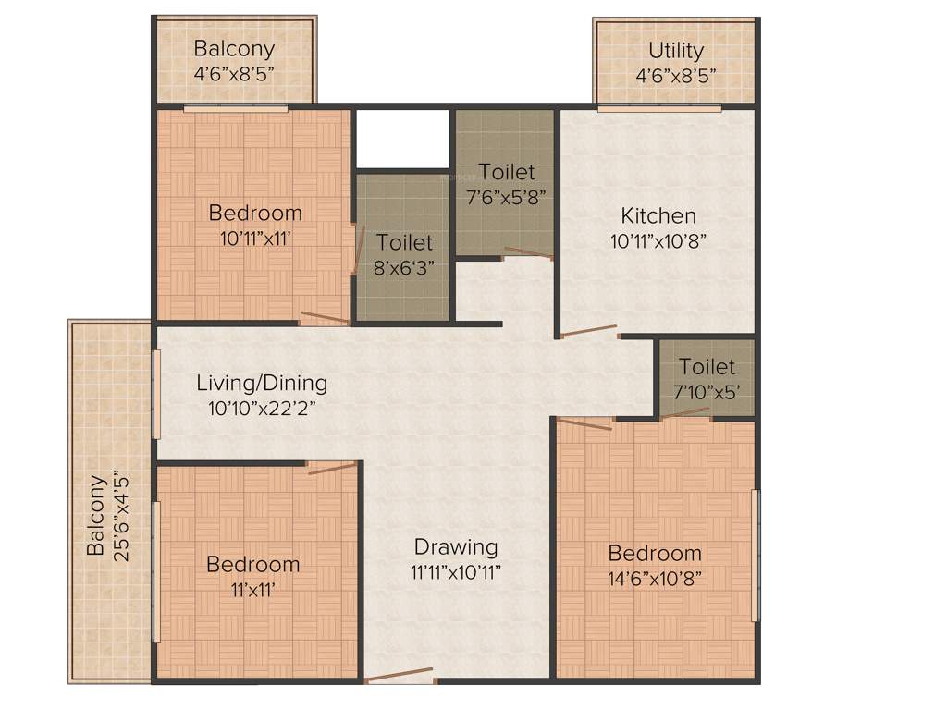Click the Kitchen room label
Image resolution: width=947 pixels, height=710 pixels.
click(658, 216)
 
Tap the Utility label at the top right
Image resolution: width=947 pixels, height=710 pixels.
click(675, 50)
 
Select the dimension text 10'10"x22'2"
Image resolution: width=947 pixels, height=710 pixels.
click(262, 406)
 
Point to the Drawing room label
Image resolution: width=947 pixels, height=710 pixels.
click(455, 546)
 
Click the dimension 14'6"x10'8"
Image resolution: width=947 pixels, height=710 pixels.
click(654, 578)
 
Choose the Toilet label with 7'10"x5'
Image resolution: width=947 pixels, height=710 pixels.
click(707, 367)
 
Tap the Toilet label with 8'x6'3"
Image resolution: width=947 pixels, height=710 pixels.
click(405, 243)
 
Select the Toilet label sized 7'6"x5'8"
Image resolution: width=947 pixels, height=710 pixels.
click(506, 172)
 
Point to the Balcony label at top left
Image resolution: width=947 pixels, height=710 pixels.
click(234, 49)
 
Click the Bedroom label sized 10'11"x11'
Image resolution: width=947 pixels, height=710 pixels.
click(255, 213)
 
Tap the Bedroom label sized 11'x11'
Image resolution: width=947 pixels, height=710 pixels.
click(252, 564)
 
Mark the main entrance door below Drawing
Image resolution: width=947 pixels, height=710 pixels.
click(400, 676)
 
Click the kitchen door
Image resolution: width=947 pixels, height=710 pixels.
click(589, 331)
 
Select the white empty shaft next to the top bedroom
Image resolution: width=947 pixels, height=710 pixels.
click(402, 139)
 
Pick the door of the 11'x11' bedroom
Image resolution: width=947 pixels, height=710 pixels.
click(332, 467)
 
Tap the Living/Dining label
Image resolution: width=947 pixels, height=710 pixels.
click(262, 383)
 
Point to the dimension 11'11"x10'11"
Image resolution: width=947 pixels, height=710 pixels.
click(455, 570)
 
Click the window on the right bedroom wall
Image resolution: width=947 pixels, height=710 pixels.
click(756, 555)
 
